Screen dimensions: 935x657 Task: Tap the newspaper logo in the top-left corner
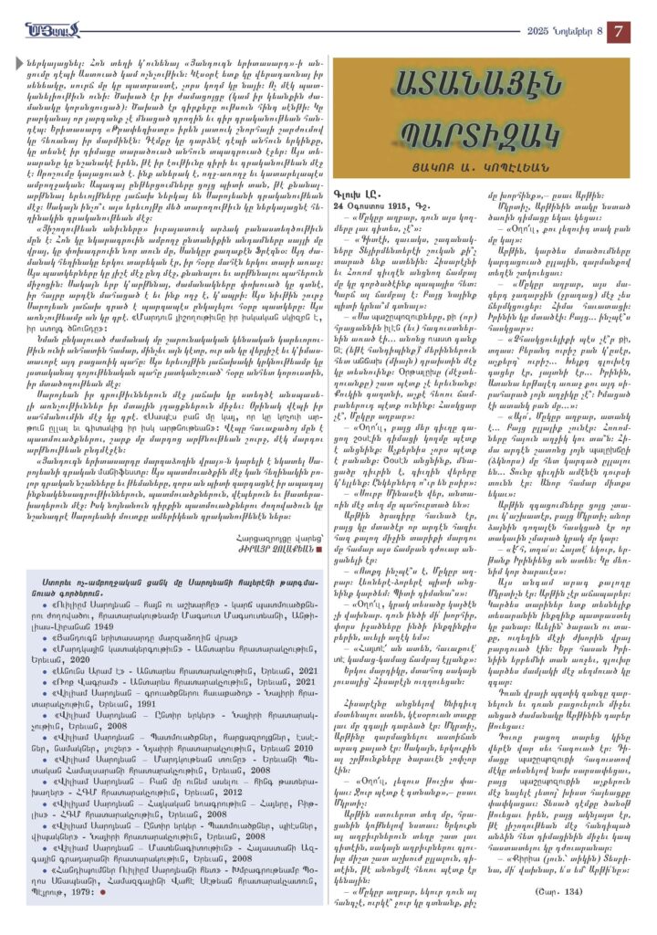click(56, 29)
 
